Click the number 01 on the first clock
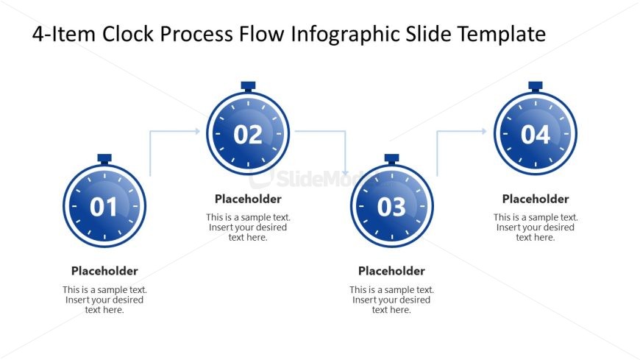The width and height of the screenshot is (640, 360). pyautogui.click(x=104, y=207)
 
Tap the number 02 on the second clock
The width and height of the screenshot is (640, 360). pyautogui.click(x=248, y=135)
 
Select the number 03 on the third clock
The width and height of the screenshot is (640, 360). pyautogui.click(x=391, y=207)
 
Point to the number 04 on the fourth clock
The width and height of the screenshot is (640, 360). pyautogui.click(x=536, y=135)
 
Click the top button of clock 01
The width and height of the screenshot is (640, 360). pyautogui.click(x=104, y=158)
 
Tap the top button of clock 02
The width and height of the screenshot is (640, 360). pyautogui.click(x=248, y=86)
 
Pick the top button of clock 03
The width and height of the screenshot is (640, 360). pyautogui.click(x=391, y=158)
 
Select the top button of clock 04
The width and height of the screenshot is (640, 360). pyautogui.click(x=536, y=86)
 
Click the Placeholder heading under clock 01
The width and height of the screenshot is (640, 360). pyautogui.click(x=104, y=271)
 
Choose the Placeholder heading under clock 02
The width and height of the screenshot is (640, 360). pyautogui.click(x=248, y=199)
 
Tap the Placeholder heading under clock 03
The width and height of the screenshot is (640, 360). pyautogui.click(x=391, y=271)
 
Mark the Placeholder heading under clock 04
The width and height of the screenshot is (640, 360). pyautogui.click(x=536, y=199)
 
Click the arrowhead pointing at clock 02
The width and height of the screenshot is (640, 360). pyautogui.click(x=197, y=131)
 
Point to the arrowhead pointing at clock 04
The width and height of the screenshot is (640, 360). pyautogui.click(x=484, y=131)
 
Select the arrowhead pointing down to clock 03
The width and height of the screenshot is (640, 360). pyautogui.click(x=345, y=173)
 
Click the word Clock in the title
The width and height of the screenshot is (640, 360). pyautogui.click(x=128, y=34)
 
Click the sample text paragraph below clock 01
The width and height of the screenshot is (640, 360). pyautogui.click(x=104, y=300)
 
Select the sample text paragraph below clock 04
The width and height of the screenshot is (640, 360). pyautogui.click(x=536, y=227)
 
